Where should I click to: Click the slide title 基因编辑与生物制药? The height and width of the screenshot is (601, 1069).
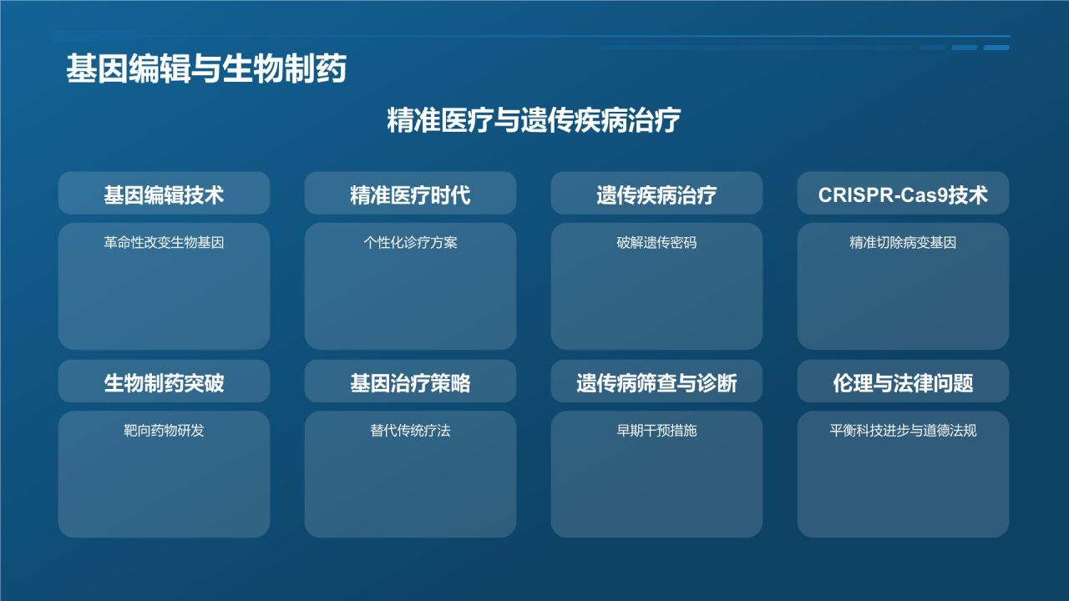click(x=206, y=70)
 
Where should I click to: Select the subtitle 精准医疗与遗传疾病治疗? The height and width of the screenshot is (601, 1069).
click(x=534, y=120)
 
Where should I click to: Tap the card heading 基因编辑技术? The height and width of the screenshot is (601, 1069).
click(x=164, y=194)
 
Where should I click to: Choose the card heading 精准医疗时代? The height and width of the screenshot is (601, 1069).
click(x=410, y=194)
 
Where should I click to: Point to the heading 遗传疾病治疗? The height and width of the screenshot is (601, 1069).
click(x=656, y=194)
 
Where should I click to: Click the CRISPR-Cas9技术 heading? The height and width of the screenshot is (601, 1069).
click(x=903, y=194)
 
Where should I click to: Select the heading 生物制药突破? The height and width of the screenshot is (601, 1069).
click(x=164, y=382)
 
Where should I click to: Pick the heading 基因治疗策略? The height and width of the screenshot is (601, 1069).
click(x=410, y=382)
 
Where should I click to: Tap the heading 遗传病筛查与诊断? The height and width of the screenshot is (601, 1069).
click(x=656, y=382)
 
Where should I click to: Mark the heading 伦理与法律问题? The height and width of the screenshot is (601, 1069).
click(x=903, y=382)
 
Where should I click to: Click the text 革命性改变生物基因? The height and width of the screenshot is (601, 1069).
click(x=164, y=243)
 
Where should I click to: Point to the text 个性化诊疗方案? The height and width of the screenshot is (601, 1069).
click(x=410, y=243)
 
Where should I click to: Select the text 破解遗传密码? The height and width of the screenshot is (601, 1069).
click(x=656, y=243)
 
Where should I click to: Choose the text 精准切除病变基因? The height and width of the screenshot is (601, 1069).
click(x=903, y=243)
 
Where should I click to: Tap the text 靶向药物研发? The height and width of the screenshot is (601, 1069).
click(x=164, y=431)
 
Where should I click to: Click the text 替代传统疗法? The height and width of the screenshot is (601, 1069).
click(x=410, y=431)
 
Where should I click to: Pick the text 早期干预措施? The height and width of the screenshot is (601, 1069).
click(x=656, y=431)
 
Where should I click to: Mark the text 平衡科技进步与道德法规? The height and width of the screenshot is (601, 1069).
click(x=903, y=431)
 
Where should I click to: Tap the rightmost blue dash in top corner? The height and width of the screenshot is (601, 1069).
click(x=996, y=48)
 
